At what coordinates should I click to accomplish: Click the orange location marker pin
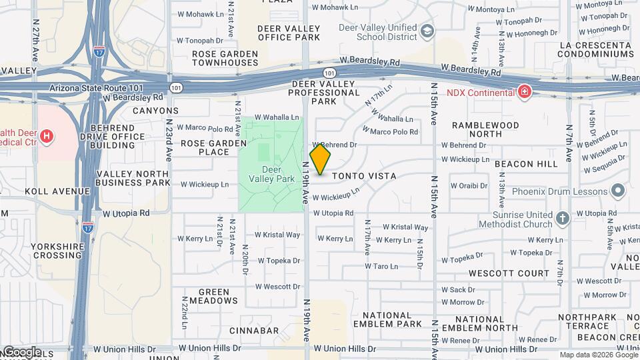pyautogui.click(x=320, y=159)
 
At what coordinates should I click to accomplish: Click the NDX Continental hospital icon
pyautogui.click(x=525, y=92)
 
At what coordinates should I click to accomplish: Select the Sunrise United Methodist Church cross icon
pyautogui.click(x=563, y=218)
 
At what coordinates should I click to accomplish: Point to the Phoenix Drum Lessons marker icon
pyautogui.click(x=617, y=191)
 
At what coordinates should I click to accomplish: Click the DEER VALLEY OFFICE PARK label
pyautogui.click(x=289, y=33)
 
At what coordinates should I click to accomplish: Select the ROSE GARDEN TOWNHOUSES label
pyautogui.click(x=225, y=58)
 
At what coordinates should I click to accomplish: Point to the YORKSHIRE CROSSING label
pyautogui.click(x=57, y=251)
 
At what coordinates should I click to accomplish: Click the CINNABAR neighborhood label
pyautogui.click(x=254, y=331)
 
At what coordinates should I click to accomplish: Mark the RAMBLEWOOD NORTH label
pyautogui.click(x=485, y=129)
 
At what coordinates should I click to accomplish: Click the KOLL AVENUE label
pyautogui.click(x=57, y=191)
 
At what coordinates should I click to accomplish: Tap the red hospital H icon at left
pyautogui.click(x=47, y=137)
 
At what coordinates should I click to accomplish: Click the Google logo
pyautogui.click(x=21, y=352)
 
